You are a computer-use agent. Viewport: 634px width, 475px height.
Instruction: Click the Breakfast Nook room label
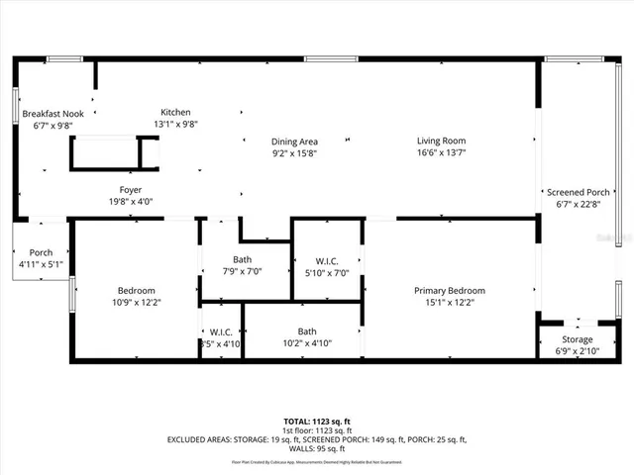(x=53, y=114)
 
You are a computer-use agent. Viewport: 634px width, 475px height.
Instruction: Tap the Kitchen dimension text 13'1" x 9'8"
(x=176, y=125)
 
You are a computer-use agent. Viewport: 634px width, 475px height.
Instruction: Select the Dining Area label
(x=295, y=142)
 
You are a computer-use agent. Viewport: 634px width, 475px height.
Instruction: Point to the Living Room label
(x=441, y=141)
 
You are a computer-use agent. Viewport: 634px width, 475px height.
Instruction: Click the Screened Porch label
(x=578, y=192)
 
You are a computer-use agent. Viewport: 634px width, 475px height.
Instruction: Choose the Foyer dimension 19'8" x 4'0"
(x=131, y=202)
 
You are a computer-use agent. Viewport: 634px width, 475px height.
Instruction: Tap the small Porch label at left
(x=41, y=252)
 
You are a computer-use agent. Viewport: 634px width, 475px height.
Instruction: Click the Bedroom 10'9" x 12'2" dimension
(x=137, y=303)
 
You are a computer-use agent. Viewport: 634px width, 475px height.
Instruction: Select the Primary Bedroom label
(x=450, y=290)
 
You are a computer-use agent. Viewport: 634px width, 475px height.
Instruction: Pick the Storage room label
(x=578, y=339)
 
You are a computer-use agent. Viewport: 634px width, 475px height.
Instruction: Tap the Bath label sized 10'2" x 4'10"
(x=307, y=332)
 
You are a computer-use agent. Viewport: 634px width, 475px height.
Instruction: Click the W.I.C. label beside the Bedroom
(x=220, y=332)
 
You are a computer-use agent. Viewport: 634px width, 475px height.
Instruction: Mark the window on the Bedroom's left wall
(x=72, y=292)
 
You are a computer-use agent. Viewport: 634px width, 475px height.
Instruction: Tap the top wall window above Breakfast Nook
(x=65, y=59)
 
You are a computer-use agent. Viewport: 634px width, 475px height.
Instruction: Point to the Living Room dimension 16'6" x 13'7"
(x=441, y=153)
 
